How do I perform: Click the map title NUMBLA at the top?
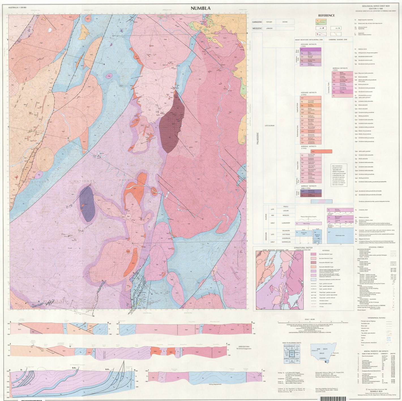pyautogui.click(x=200, y=8)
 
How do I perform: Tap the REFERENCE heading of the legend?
pyautogui.click(x=326, y=16)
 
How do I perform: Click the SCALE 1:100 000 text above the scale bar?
pyautogui.click(x=311, y=319)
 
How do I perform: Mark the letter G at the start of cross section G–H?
pyautogui.click(x=10, y=370)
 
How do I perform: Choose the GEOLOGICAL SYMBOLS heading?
pyautogui.click(x=376, y=247)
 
